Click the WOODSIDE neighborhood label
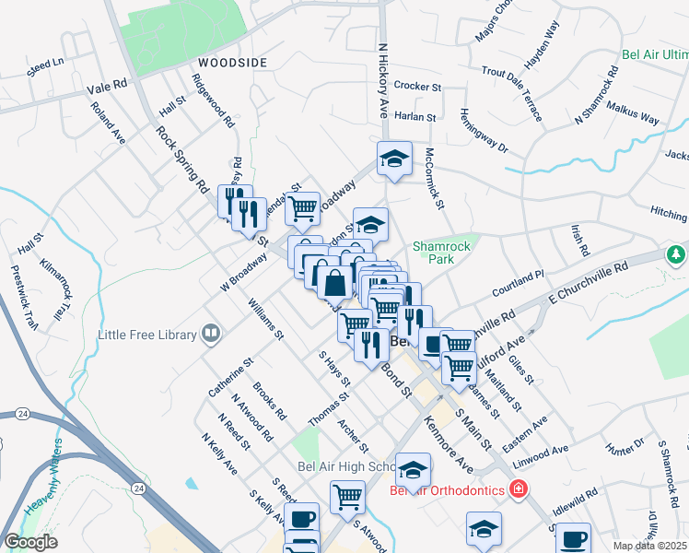coord(231,62)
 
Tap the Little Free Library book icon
coord(211,334)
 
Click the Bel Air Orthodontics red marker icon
coord(520,488)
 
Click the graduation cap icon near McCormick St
coord(394,159)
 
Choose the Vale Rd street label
coord(107,87)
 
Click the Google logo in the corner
coord(30,542)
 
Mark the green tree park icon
coord(677,253)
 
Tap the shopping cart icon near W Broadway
coord(302,209)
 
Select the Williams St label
coord(264,319)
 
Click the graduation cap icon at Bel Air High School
coord(413,471)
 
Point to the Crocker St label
coord(418,86)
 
